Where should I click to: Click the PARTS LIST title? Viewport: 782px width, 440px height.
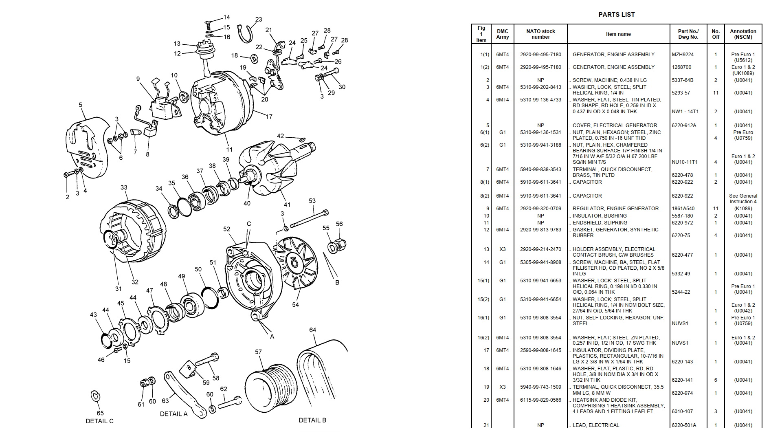[x=616, y=15]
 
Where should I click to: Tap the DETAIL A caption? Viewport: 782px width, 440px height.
[x=174, y=414]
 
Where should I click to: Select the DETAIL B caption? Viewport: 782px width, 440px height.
[x=312, y=420]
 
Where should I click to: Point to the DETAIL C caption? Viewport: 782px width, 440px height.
[x=99, y=421]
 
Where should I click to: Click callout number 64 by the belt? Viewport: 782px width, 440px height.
[x=312, y=330]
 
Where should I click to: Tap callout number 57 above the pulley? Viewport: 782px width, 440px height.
[x=258, y=352]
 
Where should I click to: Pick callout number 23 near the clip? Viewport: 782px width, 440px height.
[x=259, y=19]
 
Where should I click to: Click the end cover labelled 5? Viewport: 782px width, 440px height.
[x=88, y=143]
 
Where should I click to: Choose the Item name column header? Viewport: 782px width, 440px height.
[x=618, y=34]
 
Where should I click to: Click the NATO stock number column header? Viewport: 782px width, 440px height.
[x=540, y=34]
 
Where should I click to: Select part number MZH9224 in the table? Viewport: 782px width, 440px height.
[x=683, y=55]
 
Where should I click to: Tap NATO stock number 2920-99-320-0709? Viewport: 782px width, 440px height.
[x=540, y=209]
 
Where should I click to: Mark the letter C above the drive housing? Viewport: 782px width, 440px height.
[x=249, y=224]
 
